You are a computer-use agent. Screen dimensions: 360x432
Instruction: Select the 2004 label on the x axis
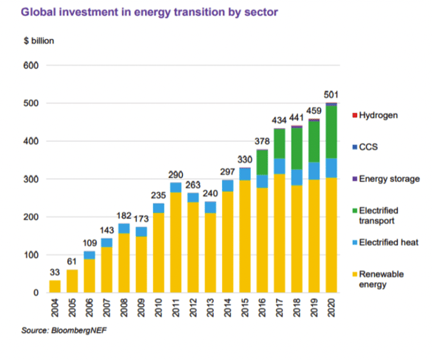pyautogui.click(x=55, y=309)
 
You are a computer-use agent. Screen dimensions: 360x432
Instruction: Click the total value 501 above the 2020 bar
pyautogui.click(x=331, y=94)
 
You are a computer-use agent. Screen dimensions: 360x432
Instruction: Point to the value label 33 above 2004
pyautogui.click(x=55, y=271)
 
